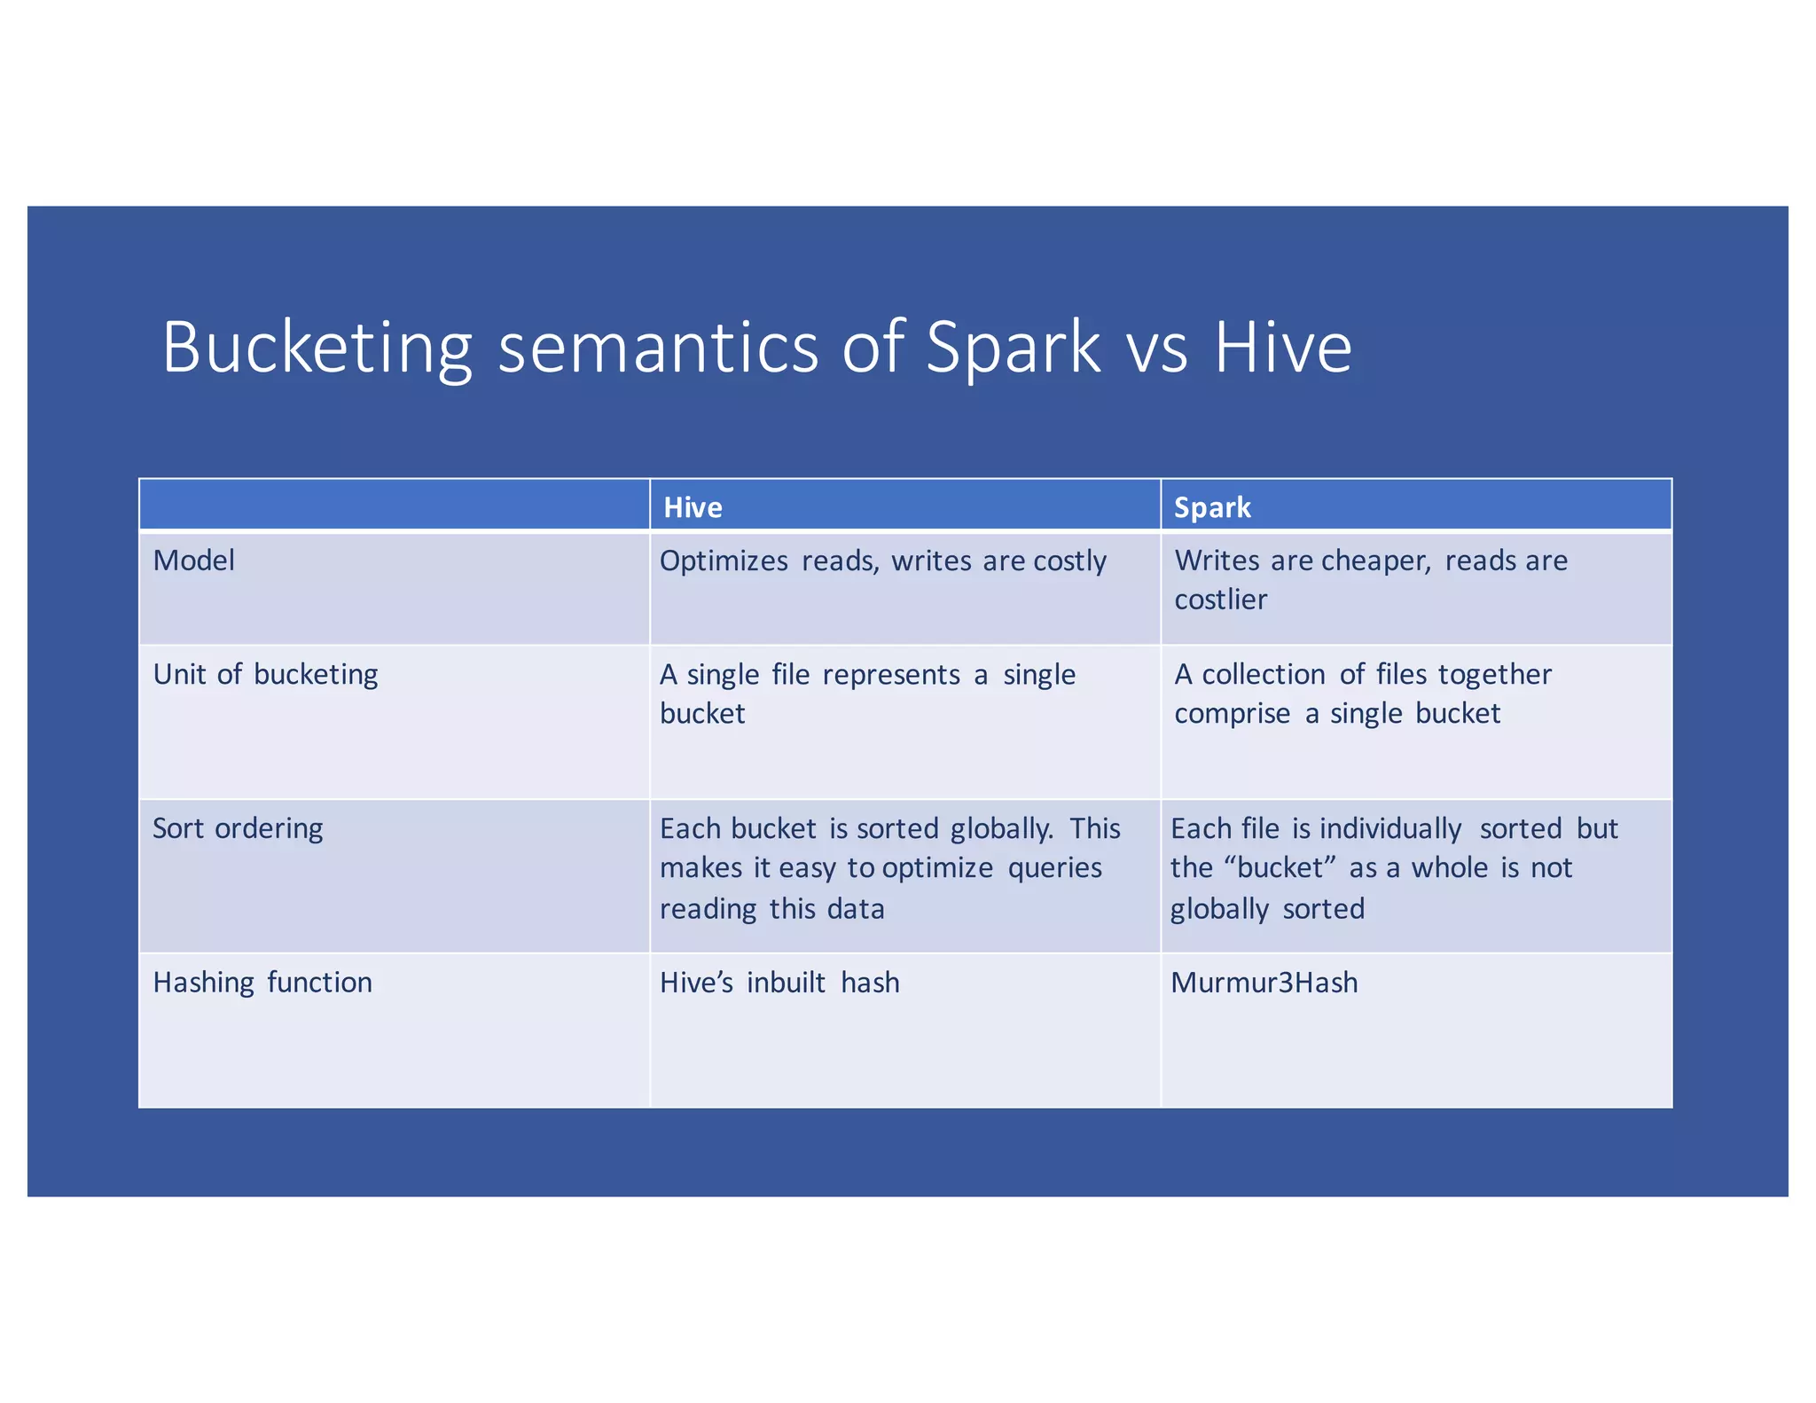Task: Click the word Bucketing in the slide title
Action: pyautogui.click(x=317, y=348)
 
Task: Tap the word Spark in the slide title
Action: pyautogui.click(x=1012, y=348)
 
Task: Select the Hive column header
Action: pyautogui.click(x=693, y=507)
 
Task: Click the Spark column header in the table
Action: pyautogui.click(x=1212, y=507)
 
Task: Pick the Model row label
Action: pyautogui.click(x=193, y=560)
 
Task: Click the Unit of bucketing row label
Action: pyautogui.click(x=265, y=675)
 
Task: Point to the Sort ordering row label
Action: pyautogui.click(x=238, y=828)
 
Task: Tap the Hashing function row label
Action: pyautogui.click(x=262, y=983)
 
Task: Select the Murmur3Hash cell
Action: pyautogui.click(x=1264, y=983)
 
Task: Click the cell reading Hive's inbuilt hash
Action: pyautogui.click(x=779, y=983)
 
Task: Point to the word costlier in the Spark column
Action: pyautogui.click(x=1220, y=600)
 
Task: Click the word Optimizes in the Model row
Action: pyautogui.click(x=724, y=561)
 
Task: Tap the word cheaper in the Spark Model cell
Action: pyautogui.click(x=1375, y=560)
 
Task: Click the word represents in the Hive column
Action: pyautogui.click(x=891, y=675)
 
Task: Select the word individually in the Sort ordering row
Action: pyautogui.click(x=1390, y=829)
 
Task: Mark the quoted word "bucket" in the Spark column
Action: pyautogui.click(x=1280, y=867)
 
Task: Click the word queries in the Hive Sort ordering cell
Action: pyautogui.click(x=1054, y=868)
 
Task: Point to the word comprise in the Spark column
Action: pyautogui.click(x=1232, y=714)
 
